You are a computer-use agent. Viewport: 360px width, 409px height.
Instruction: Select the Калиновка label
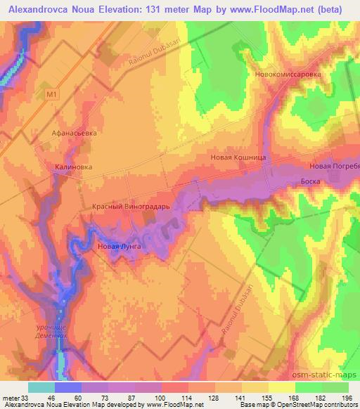point(73,167)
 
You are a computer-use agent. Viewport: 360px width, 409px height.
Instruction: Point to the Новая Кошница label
point(238,158)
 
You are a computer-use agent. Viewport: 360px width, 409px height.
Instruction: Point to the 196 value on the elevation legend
point(347,398)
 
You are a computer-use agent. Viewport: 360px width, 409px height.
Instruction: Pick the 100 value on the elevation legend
point(161,398)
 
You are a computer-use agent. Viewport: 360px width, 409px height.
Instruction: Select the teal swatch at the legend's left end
point(41,387)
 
